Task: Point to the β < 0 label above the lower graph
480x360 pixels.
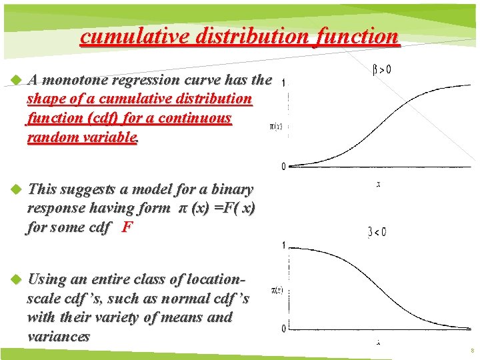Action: (x=377, y=233)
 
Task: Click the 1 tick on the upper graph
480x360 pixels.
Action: (x=285, y=83)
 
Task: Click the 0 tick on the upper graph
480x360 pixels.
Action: (x=283, y=166)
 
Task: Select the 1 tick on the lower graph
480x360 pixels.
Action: (x=283, y=246)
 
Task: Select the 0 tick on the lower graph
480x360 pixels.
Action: (x=283, y=329)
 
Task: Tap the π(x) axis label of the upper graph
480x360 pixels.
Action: (x=275, y=126)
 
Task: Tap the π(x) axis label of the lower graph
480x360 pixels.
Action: (x=275, y=289)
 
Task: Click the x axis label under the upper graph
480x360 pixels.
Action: (x=378, y=185)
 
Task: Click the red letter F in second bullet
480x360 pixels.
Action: (x=127, y=227)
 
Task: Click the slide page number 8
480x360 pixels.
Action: (x=472, y=350)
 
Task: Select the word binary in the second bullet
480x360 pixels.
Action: (x=231, y=190)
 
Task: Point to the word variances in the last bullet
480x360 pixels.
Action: (x=58, y=337)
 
